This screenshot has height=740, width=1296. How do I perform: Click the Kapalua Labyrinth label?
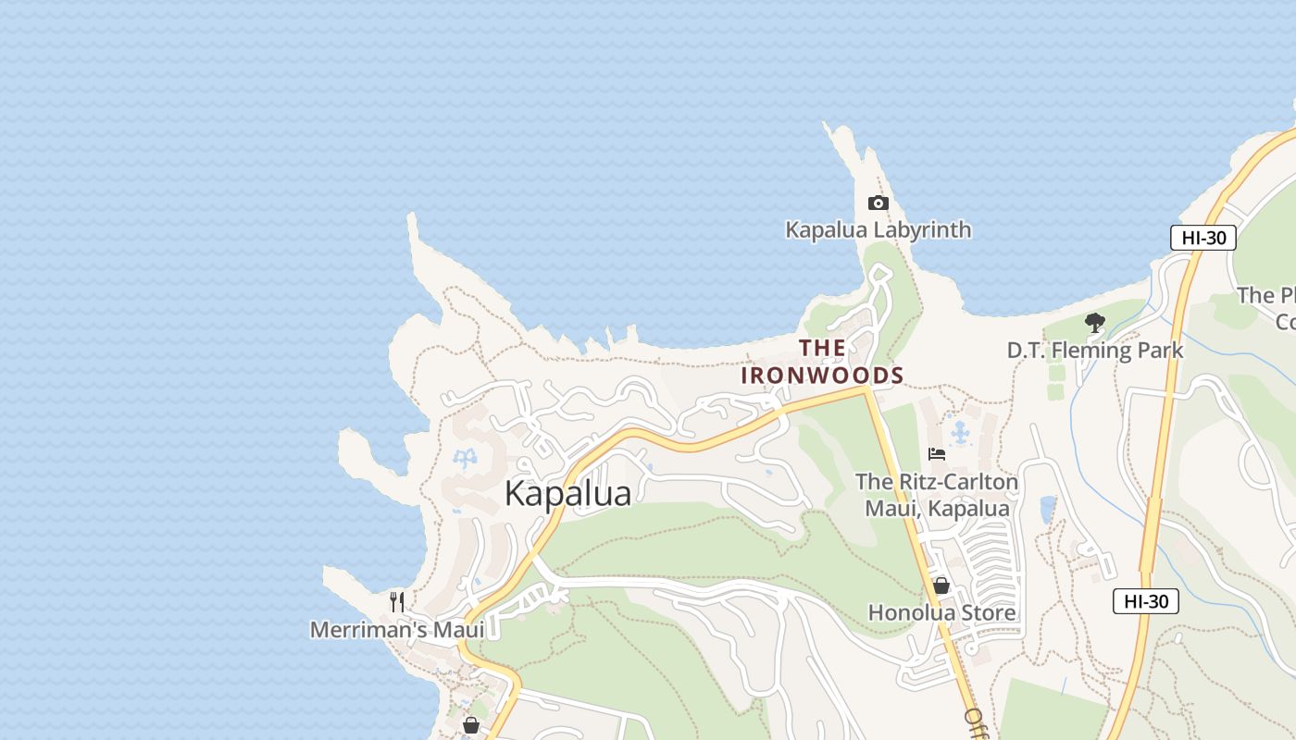[878, 229]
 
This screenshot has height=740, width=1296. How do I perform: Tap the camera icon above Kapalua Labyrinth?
[878, 203]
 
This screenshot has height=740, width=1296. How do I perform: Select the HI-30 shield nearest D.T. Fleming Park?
[1203, 238]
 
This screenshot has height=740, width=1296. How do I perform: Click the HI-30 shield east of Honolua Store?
[1145, 601]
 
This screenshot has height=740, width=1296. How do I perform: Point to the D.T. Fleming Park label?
[1095, 351]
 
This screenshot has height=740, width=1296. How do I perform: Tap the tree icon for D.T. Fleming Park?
[1095, 323]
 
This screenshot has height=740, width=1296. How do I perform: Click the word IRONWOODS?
[822, 376]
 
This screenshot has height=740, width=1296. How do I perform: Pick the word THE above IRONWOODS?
[822, 348]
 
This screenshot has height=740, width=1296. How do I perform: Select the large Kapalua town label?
[567, 494]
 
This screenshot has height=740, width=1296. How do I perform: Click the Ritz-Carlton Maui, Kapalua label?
[937, 495]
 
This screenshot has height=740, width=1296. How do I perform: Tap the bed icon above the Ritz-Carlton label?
[937, 454]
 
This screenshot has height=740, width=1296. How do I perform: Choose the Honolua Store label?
[941, 612]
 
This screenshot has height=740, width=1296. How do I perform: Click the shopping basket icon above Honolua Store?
[941, 586]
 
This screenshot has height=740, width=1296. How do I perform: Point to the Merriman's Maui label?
[397, 630]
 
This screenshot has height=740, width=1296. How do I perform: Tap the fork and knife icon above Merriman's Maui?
[397, 602]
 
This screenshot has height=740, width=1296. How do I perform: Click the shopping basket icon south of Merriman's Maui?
[471, 724]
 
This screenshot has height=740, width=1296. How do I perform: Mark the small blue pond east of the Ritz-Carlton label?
[1048, 509]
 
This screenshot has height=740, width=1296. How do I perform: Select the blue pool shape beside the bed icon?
[962, 432]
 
